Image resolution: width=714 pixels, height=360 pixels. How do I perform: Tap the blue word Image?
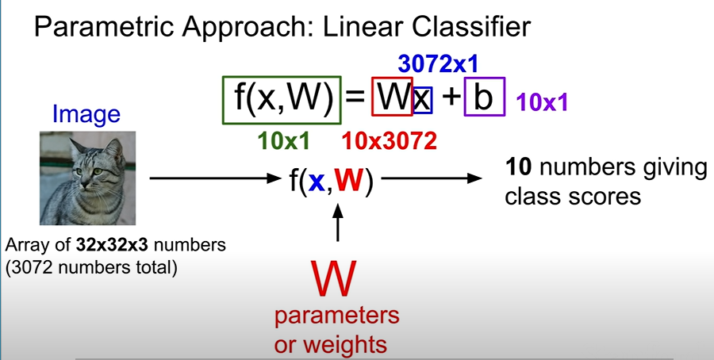coord(86,115)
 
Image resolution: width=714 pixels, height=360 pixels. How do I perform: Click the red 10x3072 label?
coord(390,141)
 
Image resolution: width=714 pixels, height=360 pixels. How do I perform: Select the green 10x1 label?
coord(283,141)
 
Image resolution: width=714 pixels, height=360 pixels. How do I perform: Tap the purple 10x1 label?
coord(542,102)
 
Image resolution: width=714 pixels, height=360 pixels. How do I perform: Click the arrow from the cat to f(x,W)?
coord(214,178)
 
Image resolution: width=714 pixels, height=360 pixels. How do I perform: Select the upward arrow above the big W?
coord(339,223)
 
